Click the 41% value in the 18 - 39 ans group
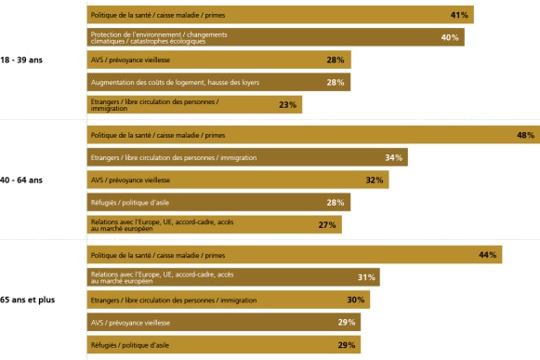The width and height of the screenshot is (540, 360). (458, 15)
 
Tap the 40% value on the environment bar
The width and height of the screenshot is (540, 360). (449, 37)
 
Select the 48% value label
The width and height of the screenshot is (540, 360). (525, 135)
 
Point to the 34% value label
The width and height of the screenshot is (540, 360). (393, 157)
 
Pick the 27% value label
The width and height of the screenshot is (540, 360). (327, 224)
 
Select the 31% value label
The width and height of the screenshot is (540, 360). (366, 277)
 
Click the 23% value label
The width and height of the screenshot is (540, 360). (287, 105)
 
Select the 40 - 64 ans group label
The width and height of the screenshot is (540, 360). (23, 180)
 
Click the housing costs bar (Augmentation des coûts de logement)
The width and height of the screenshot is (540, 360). (218, 83)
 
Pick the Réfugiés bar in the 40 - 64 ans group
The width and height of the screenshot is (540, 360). (218, 202)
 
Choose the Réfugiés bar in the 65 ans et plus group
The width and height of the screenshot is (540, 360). (223, 345)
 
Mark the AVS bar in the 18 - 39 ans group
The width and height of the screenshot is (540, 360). (218, 60)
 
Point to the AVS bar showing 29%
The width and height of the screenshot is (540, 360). (223, 322)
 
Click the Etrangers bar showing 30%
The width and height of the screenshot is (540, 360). (228, 300)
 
